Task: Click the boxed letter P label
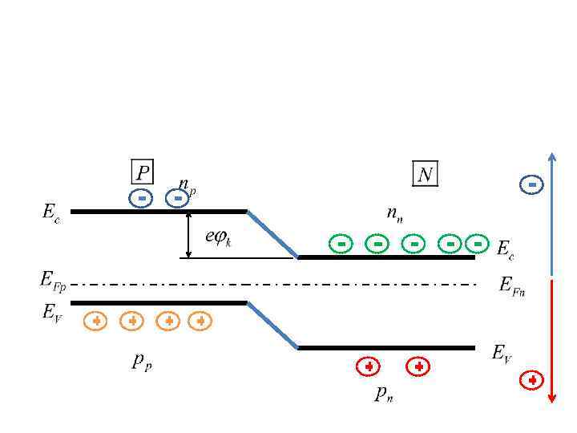tap(142, 172)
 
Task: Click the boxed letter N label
tap(425, 173)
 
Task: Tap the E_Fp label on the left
tap(53, 280)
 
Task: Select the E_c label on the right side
tap(505, 249)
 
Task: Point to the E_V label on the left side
tap(52, 312)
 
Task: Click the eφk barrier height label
tap(218, 237)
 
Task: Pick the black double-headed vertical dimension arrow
tap(188, 235)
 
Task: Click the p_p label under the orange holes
tap(142, 362)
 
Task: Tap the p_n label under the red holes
tap(385, 394)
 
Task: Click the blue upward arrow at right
tap(551, 212)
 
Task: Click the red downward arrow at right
tap(551, 341)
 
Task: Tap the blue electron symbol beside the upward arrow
tap(531, 185)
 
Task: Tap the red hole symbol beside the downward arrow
tap(531, 380)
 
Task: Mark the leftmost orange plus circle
tap(95, 321)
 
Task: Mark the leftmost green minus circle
tap(341, 243)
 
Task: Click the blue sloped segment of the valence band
tap(272, 326)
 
